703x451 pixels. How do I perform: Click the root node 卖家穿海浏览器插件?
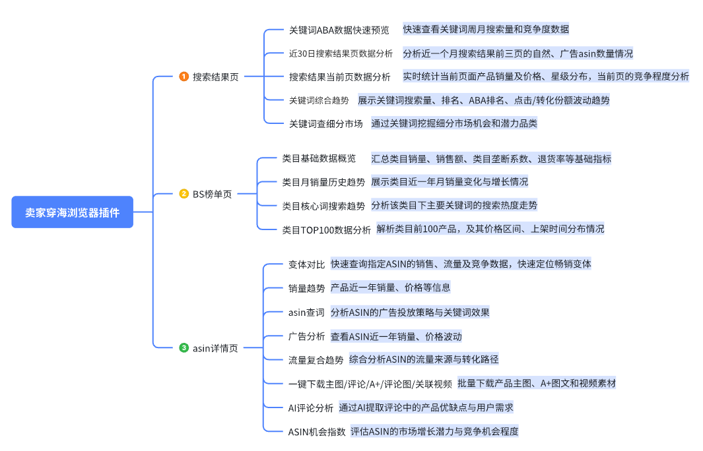[x=73, y=212]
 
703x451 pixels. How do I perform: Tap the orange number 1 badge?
[x=184, y=76]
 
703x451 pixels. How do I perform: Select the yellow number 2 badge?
[x=184, y=194]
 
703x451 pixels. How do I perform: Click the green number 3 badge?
[x=184, y=347]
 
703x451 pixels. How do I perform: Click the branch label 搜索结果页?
[x=215, y=76]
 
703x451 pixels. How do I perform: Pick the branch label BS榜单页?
[x=212, y=194]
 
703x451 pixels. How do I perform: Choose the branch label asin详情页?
[x=215, y=347]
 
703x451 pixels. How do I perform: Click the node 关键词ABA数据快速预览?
[x=339, y=30]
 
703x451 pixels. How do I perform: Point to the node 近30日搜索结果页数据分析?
[x=340, y=53]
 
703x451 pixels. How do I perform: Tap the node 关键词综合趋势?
[x=319, y=100]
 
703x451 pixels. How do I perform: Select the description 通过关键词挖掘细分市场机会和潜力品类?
[x=453, y=123]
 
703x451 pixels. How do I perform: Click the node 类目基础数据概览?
[x=319, y=158]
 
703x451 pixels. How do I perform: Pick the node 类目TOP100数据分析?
[x=326, y=229]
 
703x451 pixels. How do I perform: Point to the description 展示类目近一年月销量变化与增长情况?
[x=449, y=182]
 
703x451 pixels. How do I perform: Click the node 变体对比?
[x=306, y=264]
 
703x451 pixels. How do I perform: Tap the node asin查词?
[x=306, y=313]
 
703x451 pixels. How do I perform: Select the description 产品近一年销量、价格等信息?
[x=390, y=288]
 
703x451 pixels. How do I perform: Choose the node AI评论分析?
[x=310, y=407]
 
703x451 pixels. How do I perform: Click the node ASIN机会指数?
[x=317, y=432]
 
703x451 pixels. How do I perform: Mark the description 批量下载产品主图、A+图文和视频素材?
[x=536, y=383]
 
